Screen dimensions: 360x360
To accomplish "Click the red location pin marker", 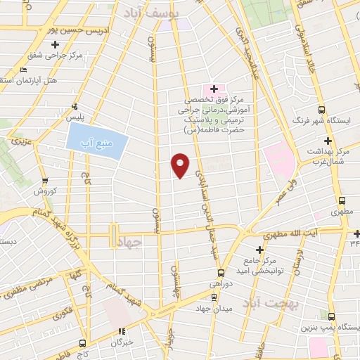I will (x=181, y=165).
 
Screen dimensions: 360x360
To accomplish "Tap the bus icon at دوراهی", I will (x=221, y=272).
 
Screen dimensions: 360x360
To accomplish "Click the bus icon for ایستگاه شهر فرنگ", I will (x=321, y=110).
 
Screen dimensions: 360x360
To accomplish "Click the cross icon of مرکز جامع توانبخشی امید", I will (x=259, y=250).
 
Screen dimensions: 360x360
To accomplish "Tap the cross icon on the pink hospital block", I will (x=214, y=89).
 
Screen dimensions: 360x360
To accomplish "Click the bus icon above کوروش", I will (x=46, y=181).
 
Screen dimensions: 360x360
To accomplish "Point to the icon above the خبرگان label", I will (x=121, y=331).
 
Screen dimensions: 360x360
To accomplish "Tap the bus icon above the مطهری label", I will (x=341, y=200).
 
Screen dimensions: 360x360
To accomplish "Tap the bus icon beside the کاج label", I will (x=83, y=344).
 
